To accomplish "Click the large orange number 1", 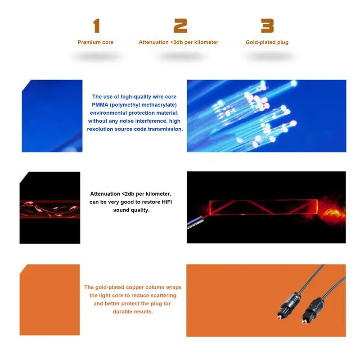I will [x=96, y=26].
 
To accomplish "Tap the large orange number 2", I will [x=180, y=26].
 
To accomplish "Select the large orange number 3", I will [x=267, y=26].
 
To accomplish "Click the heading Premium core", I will [x=95, y=42].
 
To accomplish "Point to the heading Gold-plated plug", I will [x=267, y=42].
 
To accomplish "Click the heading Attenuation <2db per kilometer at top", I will [x=178, y=42].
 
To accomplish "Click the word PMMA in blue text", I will [x=101, y=104].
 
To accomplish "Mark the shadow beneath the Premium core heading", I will [x=95, y=57].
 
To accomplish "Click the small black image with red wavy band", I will [x=50, y=208].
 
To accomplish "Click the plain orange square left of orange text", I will [x=50, y=300].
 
